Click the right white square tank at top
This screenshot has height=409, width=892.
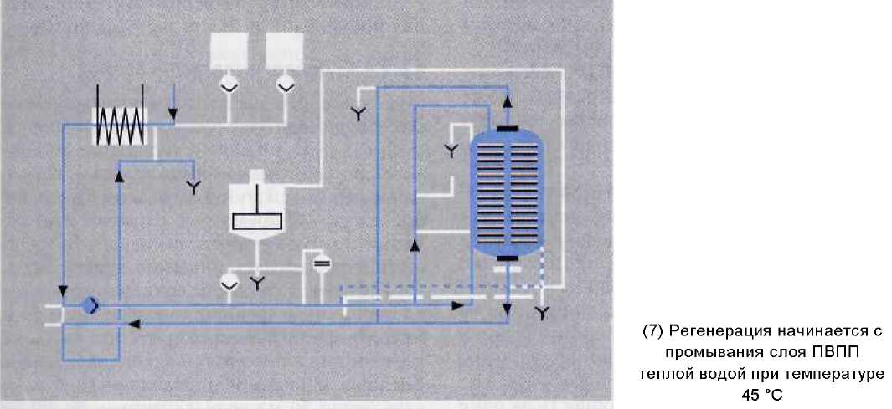(284, 53)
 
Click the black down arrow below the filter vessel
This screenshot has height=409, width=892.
(507, 306)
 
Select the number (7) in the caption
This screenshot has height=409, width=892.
(653, 330)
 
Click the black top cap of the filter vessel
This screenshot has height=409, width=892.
(506, 128)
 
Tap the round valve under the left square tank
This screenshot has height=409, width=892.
(228, 84)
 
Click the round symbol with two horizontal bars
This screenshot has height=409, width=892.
(322, 263)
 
